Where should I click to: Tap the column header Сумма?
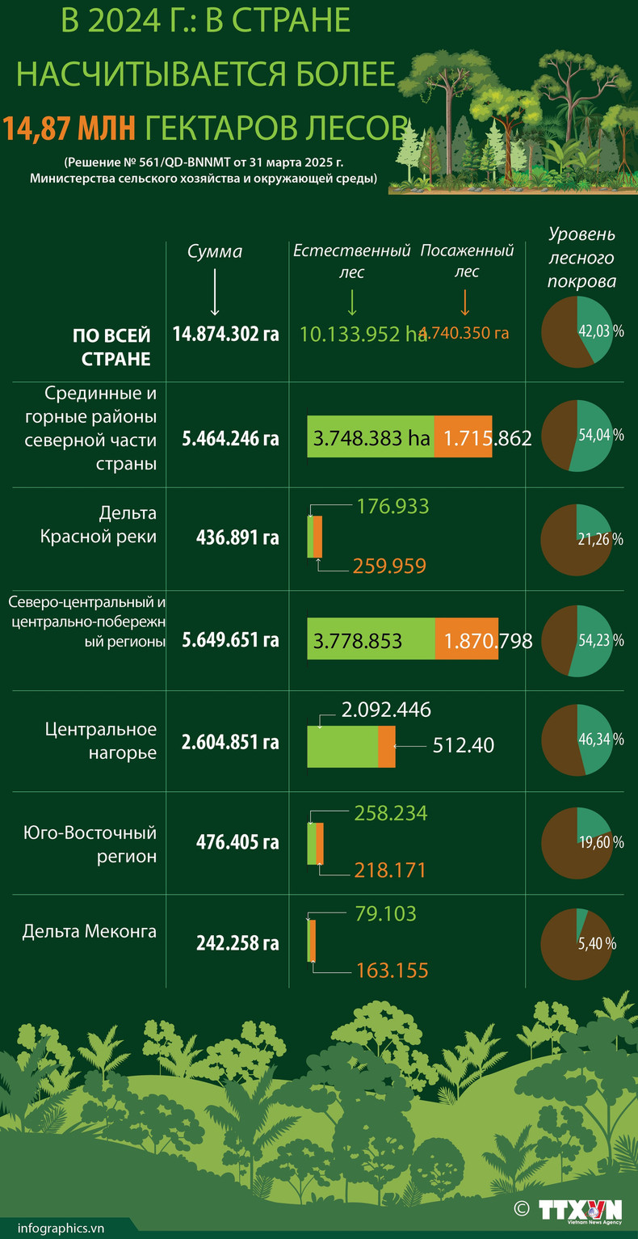(215, 251)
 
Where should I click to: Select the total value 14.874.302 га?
(226, 333)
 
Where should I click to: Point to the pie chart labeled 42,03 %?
(577, 331)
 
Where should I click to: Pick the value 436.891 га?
(237, 537)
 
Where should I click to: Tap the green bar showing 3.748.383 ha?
(371, 439)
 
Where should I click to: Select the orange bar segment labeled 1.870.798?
(466, 641)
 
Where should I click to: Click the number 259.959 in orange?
(389, 567)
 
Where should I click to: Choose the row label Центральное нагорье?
(100, 740)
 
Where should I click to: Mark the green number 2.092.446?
(386, 710)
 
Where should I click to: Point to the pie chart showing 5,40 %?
(577, 943)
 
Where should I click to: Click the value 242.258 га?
(237, 943)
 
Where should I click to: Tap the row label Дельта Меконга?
(90, 932)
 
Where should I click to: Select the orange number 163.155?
(392, 971)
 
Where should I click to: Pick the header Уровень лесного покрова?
(581, 258)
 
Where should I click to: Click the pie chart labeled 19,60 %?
(577, 842)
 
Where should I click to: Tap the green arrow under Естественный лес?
(351, 302)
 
